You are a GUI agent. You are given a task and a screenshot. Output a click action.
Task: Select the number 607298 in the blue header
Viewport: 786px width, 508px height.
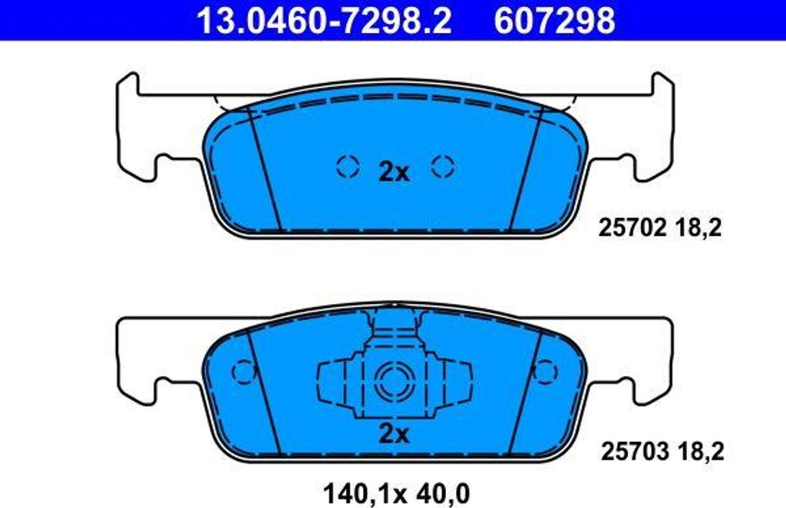click(554, 21)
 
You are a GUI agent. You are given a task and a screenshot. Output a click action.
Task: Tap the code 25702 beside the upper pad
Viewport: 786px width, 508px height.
click(633, 228)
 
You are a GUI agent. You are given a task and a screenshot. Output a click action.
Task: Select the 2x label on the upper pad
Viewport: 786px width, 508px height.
click(394, 172)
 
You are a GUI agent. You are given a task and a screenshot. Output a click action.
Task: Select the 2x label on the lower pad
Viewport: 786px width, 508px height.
click(394, 434)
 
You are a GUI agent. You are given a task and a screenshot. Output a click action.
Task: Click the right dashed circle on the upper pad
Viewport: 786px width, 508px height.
click(443, 165)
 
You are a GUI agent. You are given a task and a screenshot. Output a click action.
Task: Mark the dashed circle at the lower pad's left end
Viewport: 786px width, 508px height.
click(243, 371)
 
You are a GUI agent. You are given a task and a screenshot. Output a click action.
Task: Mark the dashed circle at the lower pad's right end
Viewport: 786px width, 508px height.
click(545, 371)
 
